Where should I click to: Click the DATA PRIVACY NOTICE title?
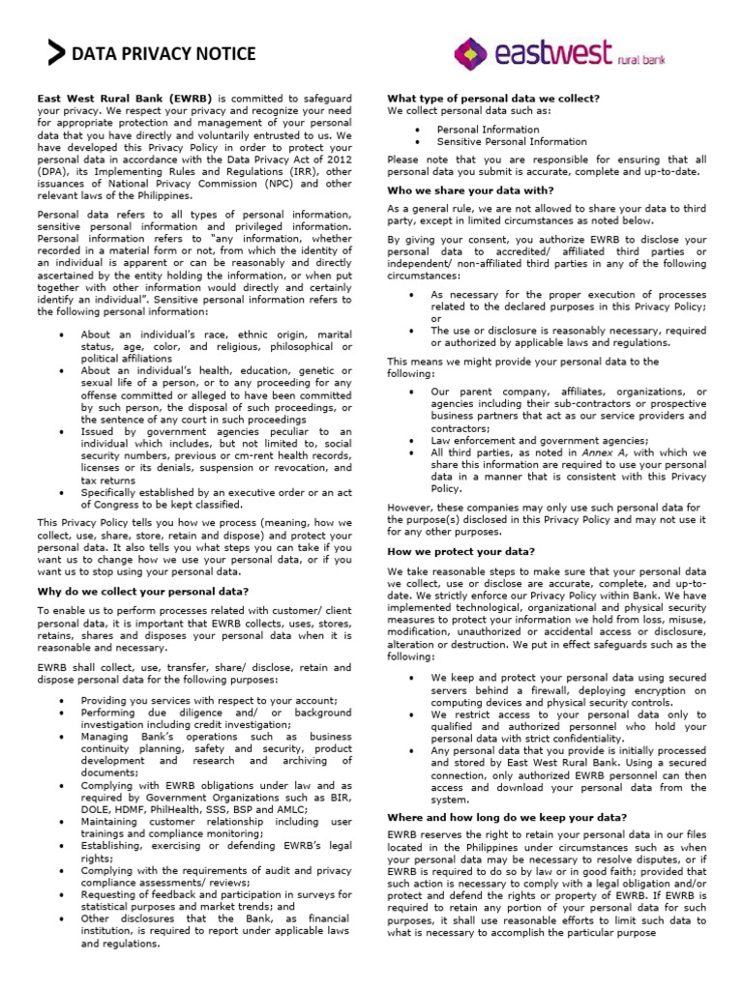[163, 54]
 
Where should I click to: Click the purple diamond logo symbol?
[470, 53]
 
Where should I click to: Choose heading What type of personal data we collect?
[493, 99]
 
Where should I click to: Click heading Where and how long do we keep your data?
[507, 817]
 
